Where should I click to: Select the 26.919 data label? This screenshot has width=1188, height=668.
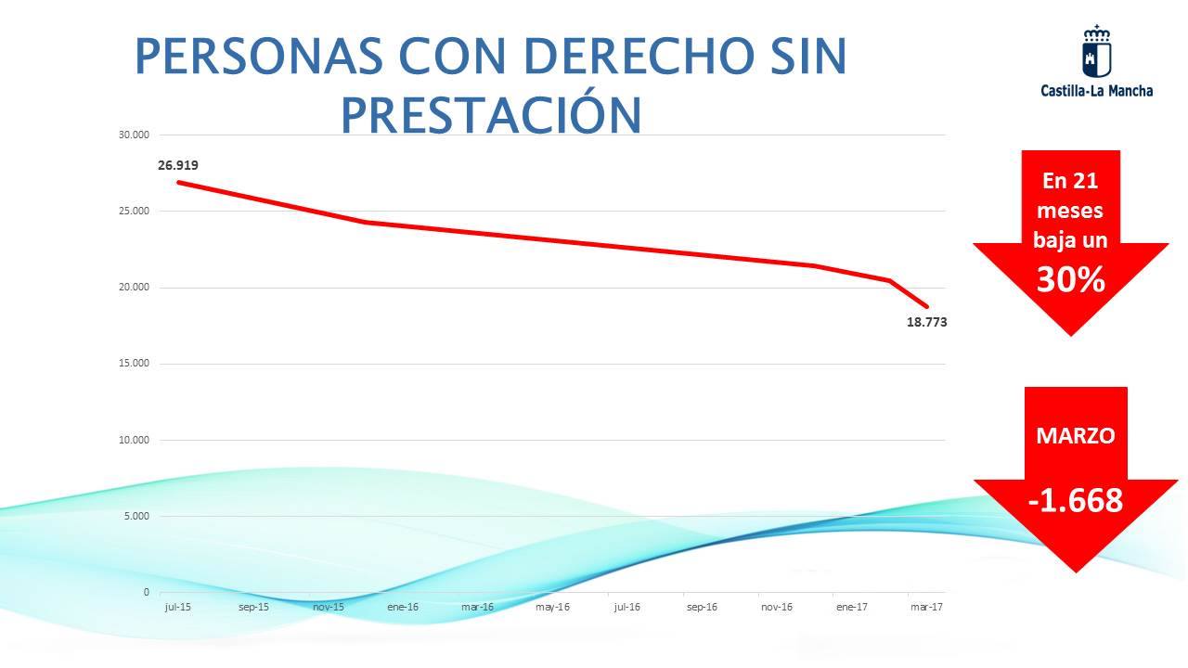pos(178,166)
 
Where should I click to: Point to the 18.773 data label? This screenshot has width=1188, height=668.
pos(926,322)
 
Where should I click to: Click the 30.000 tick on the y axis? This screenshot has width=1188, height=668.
pos(134,135)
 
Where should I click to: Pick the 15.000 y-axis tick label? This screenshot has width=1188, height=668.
pos(134,364)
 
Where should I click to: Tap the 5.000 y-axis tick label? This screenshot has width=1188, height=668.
pos(136,516)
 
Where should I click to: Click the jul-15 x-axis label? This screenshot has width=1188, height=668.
pos(178,607)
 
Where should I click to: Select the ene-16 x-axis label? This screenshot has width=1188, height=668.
pos(403,607)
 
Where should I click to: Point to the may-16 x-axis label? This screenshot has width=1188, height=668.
pos(552,607)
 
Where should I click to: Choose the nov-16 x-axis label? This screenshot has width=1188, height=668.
pos(777,607)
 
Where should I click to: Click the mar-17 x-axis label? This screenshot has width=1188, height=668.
pos(926,607)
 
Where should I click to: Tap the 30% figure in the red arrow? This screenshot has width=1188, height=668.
pos(1070,279)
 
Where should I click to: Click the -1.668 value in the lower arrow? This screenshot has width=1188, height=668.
pos(1075,501)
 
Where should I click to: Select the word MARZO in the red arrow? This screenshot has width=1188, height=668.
pos(1075,435)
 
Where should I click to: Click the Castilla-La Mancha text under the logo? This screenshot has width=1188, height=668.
pos(1097,91)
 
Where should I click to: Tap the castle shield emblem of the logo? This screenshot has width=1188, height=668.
pos(1097,52)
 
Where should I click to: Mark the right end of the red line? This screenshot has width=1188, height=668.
pos(927,306)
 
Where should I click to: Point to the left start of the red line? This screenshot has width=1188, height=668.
pos(178,182)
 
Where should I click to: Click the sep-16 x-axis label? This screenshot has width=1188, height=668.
pos(702,607)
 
